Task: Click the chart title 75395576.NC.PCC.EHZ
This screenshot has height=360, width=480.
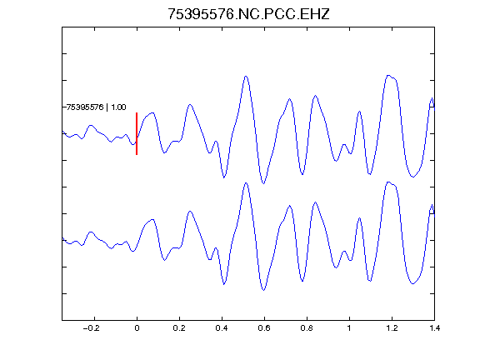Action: coord(248,14)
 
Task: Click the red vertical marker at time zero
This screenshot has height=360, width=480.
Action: coord(137,133)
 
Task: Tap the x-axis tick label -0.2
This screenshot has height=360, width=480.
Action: coord(92,328)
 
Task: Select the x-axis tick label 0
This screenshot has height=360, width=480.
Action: coord(137,328)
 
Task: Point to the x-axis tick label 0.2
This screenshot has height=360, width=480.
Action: coord(179,328)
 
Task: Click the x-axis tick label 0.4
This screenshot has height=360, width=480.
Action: coord(222,328)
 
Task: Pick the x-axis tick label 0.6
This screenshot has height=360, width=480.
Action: coord(264,328)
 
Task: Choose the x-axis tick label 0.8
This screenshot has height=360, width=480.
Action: coord(307,328)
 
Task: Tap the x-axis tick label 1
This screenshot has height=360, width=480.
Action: coord(349,328)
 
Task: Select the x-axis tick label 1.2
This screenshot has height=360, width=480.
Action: coord(392,328)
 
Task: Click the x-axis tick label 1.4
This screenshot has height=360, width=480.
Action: coord(434,328)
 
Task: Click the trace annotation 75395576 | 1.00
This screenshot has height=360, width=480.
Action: coord(96,107)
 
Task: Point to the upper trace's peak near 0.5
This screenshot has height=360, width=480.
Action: coord(246,76)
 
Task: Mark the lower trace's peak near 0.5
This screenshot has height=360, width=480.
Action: coord(246,183)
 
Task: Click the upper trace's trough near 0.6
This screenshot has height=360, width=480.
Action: coord(263,183)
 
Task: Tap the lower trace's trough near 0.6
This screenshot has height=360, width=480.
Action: coord(263,290)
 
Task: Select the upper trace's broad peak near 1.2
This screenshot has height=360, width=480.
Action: coord(389,75)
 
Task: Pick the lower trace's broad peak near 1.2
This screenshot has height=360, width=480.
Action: coord(389,182)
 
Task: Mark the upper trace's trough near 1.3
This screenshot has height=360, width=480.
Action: coord(413,177)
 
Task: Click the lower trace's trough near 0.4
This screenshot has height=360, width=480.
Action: coord(224,284)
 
